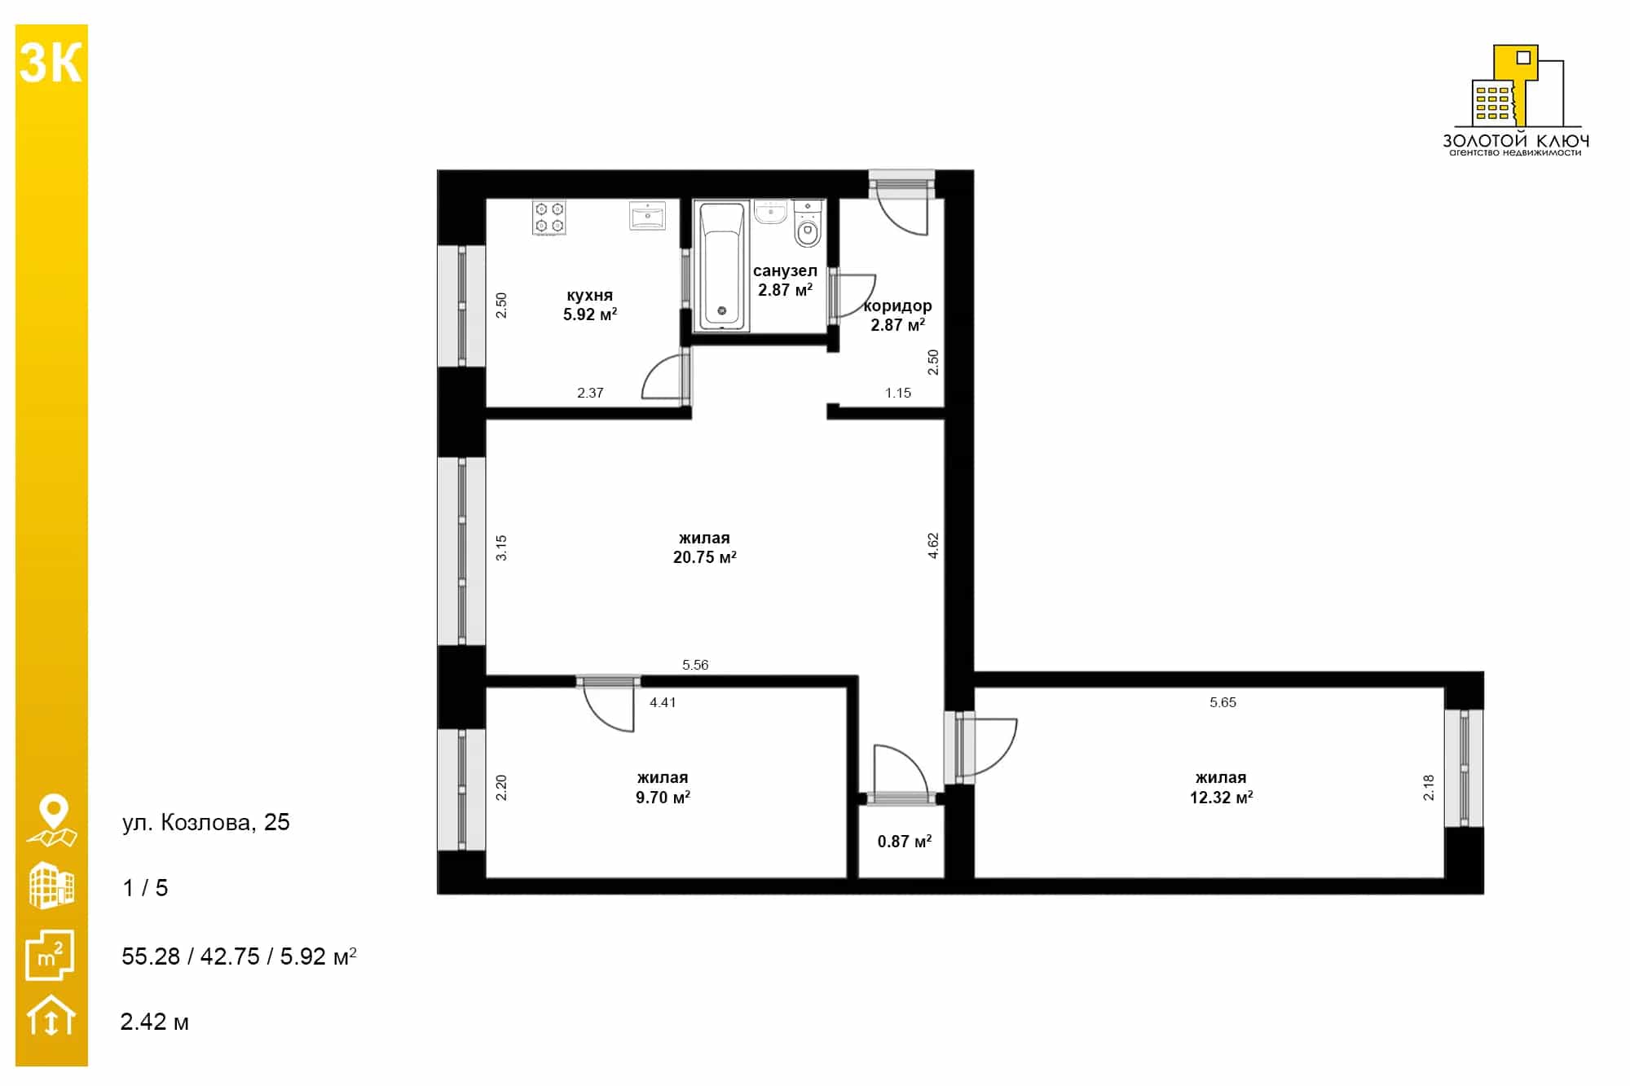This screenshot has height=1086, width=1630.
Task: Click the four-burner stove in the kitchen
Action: coord(549,218)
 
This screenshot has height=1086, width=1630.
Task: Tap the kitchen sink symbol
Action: coord(648,217)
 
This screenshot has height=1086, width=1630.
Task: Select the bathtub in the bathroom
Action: coord(721,266)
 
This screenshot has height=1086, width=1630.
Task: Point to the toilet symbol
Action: coord(808,224)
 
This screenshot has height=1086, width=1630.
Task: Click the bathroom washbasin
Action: coord(770,212)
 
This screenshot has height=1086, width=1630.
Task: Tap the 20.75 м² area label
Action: coord(705,557)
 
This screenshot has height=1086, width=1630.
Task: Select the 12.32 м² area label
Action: coord(1221,798)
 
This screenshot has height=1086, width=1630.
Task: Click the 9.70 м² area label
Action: coord(663,798)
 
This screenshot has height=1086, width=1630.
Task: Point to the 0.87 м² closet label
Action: coord(904,842)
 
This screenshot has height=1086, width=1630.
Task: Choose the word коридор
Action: coord(897,306)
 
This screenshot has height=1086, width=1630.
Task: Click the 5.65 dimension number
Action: coord(1222,702)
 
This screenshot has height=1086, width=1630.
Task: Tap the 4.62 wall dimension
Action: coord(933,546)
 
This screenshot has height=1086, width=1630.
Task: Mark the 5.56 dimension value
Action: coord(695,665)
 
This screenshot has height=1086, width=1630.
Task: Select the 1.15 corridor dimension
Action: coord(898,393)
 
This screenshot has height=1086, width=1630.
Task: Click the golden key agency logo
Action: coord(1516,99)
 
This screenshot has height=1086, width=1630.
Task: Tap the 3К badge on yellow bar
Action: coord(51,63)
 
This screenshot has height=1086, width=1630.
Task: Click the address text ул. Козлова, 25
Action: coord(205,822)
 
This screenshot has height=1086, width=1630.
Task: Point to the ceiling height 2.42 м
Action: coord(154,1022)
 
